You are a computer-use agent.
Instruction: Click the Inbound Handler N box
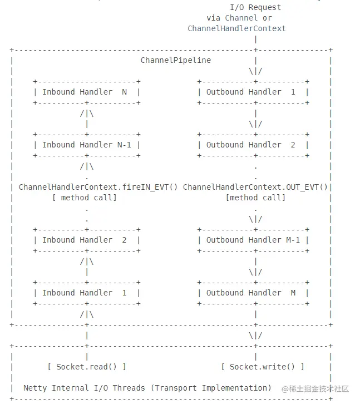tap(87, 92)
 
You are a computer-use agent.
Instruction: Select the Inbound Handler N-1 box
tap(87, 145)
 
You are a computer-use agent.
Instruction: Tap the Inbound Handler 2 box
tap(87, 240)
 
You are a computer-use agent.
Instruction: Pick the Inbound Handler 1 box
tap(87, 293)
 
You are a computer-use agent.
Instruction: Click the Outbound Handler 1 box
tap(253, 92)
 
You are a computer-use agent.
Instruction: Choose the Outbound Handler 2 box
tap(253, 145)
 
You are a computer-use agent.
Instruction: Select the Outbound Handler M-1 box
tap(253, 240)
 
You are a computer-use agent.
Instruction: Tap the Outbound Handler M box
tap(253, 293)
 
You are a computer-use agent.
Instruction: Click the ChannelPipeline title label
tap(176, 60)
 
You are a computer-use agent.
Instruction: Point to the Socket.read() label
tap(87, 367)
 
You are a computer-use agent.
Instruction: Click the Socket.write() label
tap(262, 367)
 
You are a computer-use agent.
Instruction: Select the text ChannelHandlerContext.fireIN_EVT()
tap(98, 187)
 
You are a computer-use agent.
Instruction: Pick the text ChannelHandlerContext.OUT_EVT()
tap(255, 187)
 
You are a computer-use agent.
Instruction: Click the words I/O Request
tap(255, 7)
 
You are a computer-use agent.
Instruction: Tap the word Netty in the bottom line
tap(35, 388)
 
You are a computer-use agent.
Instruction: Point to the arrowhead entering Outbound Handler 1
tap(255, 71)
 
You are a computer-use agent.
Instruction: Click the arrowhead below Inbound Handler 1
tap(87, 314)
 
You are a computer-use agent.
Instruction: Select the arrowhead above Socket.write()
tap(255, 336)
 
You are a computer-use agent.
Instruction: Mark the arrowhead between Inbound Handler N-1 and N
tap(87, 114)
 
